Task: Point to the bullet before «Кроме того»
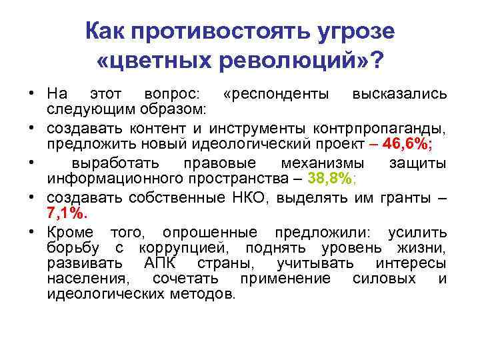[31, 231]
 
